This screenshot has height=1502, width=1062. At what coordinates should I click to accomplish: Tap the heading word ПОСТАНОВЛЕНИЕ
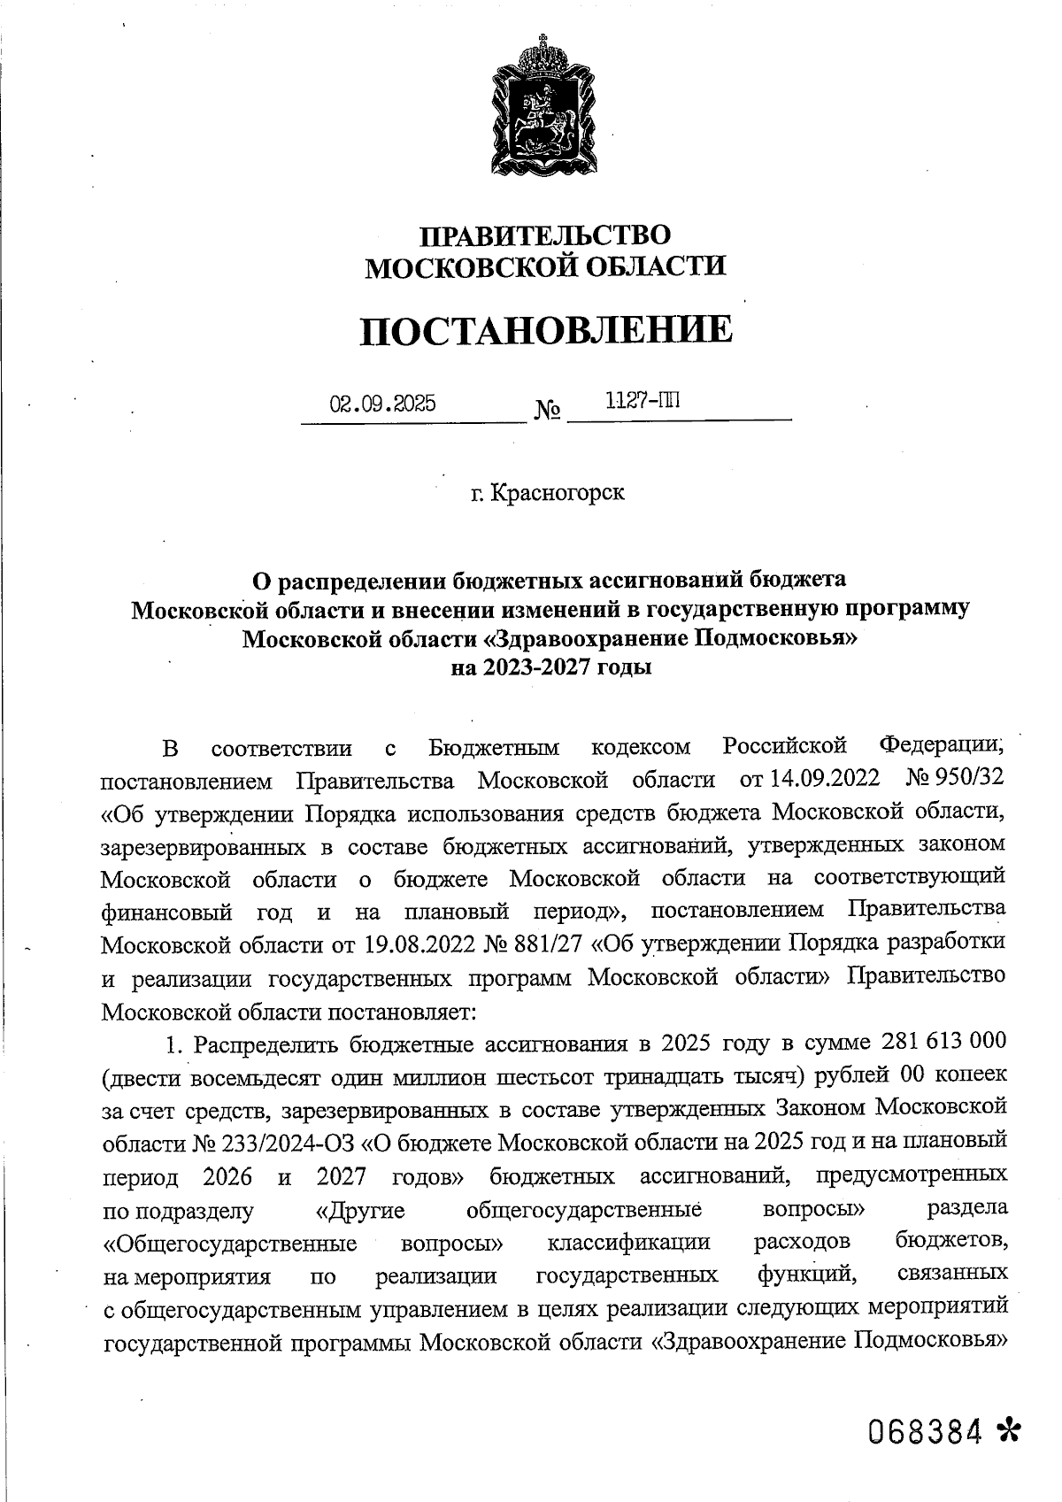pyautogui.click(x=546, y=329)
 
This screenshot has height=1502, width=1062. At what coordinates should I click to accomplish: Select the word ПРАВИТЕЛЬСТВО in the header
pyautogui.click(x=545, y=235)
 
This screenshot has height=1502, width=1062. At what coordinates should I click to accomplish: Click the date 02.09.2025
pyautogui.click(x=382, y=404)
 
